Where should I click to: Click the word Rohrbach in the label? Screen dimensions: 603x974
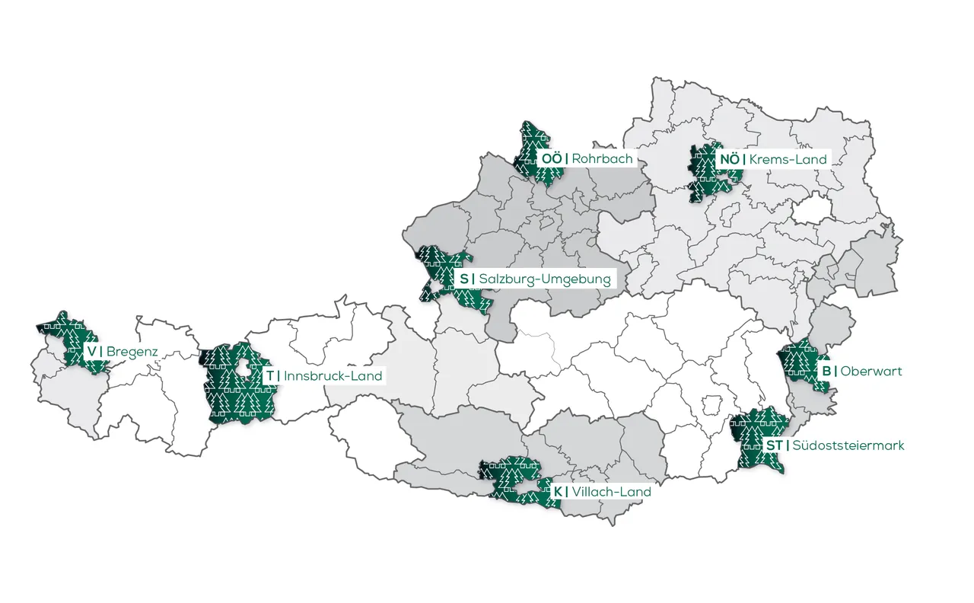(602, 158)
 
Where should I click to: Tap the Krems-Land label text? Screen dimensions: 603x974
(788, 159)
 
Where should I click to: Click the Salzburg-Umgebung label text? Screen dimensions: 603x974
(545, 279)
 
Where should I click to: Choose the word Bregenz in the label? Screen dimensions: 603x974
(132, 351)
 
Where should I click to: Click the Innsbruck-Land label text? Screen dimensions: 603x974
(333, 376)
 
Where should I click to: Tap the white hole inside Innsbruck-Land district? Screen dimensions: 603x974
(243, 368)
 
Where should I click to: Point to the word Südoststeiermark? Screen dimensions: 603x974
(848, 445)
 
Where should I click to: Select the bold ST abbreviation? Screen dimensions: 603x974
(774, 445)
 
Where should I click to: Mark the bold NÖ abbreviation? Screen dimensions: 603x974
(729, 159)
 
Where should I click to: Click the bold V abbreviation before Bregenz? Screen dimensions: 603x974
(91, 351)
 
